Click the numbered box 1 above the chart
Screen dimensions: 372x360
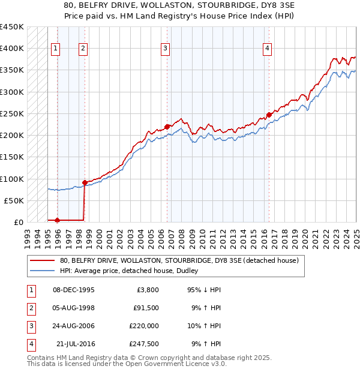click(x=55, y=49)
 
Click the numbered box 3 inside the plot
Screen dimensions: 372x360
click(x=165, y=49)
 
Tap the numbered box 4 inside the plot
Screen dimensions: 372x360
click(x=266, y=49)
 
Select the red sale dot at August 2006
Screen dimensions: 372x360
click(x=167, y=126)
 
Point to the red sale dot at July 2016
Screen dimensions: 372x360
click(x=269, y=114)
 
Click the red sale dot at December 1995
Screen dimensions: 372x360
click(x=58, y=220)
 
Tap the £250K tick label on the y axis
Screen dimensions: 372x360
click(x=12, y=113)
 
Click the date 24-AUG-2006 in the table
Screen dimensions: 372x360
click(x=74, y=326)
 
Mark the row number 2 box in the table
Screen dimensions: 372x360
click(x=29, y=308)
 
